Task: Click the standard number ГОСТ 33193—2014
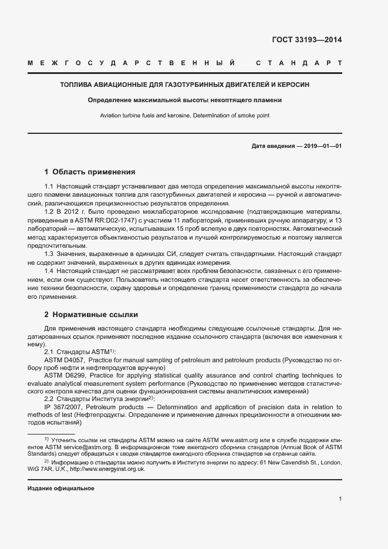click(x=306, y=41)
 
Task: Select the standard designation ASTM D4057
click(x=65, y=359)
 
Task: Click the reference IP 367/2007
click(x=64, y=406)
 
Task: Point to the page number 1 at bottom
click(x=340, y=500)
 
